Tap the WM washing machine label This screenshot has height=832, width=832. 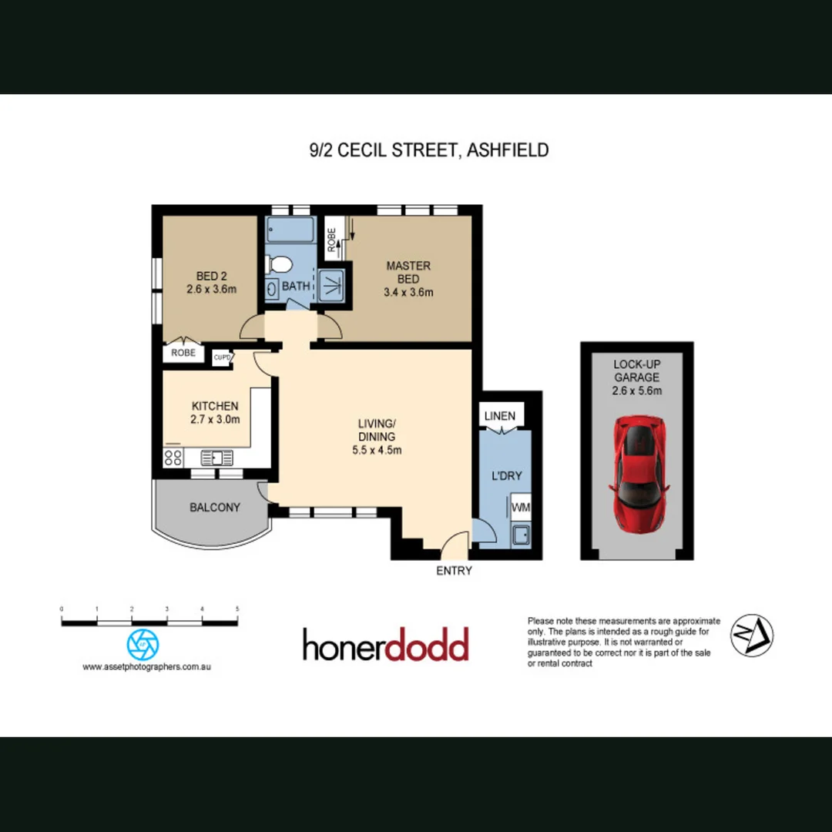tap(521, 508)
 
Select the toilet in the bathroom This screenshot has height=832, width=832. tap(279, 265)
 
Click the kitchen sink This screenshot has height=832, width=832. tap(216, 458)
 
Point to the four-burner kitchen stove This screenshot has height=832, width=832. tap(173, 458)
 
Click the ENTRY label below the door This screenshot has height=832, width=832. tap(454, 571)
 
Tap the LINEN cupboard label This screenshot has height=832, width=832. tap(500, 416)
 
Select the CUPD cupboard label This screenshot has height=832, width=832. tap(223, 357)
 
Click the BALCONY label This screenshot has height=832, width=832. tap(215, 508)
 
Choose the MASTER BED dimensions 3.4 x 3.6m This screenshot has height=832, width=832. tap(408, 292)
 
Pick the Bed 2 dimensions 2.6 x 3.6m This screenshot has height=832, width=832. tap(211, 290)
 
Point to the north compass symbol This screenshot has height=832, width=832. tap(751, 636)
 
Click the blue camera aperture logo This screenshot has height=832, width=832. tap(142, 643)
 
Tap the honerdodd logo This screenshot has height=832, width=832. tap(385, 645)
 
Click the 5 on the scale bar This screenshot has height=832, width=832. tap(237, 609)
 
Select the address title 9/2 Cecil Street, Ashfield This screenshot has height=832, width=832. tap(428, 150)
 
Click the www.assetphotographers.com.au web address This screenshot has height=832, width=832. tap(146, 667)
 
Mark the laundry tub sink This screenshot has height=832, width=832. tap(521, 534)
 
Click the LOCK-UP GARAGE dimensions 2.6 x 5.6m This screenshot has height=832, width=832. tap(636, 391)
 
